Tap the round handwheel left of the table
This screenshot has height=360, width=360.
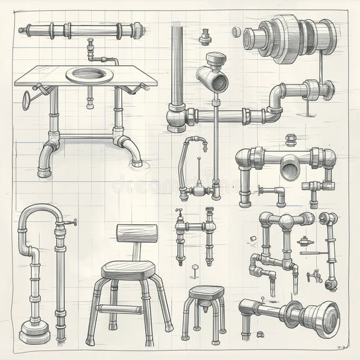point(26,99)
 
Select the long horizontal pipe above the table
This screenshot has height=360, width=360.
point(81,29)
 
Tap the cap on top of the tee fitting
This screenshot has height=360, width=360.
point(217,60)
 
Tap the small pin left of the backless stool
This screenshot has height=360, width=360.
point(194,271)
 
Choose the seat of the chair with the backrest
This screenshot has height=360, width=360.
point(128,269)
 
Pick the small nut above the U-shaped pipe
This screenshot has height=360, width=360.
point(291,138)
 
